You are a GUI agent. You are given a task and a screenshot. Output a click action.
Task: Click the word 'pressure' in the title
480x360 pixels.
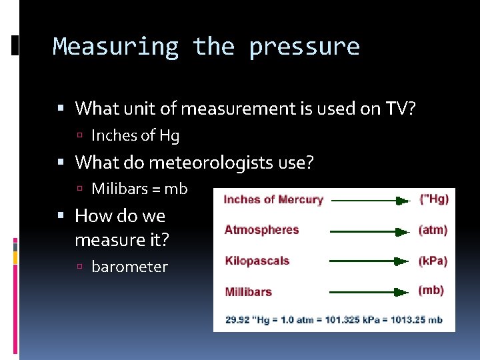[x=304, y=47]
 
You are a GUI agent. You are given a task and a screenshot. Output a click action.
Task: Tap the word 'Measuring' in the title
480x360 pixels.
[x=115, y=47]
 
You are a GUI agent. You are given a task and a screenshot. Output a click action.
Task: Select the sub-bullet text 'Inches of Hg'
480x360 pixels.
[x=135, y=136]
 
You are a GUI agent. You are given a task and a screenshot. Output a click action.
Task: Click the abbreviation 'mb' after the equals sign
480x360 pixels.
[x=176, y=189]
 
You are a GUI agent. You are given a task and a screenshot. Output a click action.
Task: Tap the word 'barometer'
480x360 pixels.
[x=129, y=267]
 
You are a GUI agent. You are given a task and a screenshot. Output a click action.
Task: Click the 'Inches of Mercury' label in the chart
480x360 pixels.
[x=273, y=199]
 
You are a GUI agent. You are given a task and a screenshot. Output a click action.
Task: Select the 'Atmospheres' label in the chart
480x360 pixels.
[x=261, y=230]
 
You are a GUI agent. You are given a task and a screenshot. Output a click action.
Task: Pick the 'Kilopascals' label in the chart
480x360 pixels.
[x=257, y=261]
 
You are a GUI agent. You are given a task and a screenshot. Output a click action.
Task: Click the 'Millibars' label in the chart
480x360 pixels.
[x=248, y=291]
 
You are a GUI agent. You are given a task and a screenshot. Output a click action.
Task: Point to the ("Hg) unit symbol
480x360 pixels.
[x=434, y=199]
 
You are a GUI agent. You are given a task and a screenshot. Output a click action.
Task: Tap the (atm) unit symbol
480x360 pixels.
[x=433, y=230]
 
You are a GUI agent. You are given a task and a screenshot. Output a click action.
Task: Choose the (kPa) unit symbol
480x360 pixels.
[x=433, y=261]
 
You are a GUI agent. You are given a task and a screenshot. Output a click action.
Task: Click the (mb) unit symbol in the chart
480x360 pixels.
[x=431, y=291]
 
